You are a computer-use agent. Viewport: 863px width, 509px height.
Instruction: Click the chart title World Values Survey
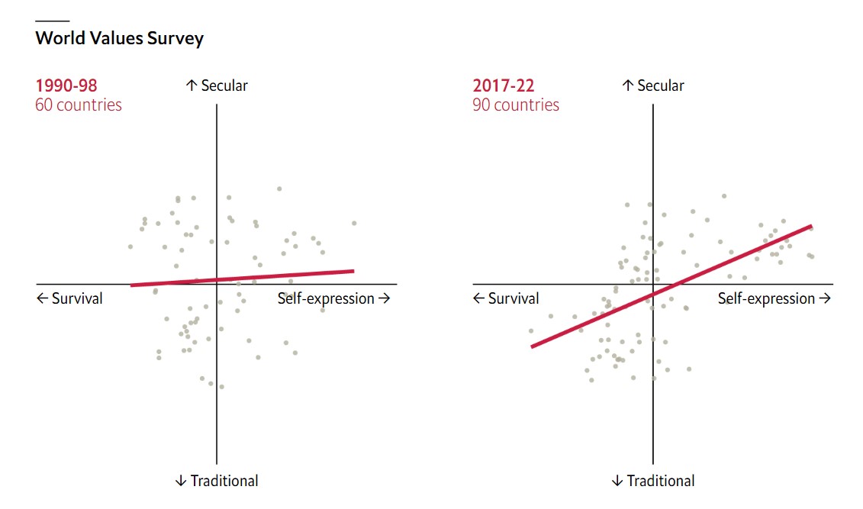119,38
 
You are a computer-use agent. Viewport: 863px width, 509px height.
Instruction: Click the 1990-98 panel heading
66,85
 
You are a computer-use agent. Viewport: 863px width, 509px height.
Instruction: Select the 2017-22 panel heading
503,85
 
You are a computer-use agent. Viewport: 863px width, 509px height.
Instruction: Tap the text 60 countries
79,105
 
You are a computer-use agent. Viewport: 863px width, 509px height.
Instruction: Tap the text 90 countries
516,105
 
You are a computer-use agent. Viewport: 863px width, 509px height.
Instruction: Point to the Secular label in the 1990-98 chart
217,85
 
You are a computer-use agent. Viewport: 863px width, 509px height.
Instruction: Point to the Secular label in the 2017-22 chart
654,85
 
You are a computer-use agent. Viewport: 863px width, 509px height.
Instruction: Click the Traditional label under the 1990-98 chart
217,481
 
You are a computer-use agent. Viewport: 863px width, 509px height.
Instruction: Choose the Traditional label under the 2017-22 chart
653,481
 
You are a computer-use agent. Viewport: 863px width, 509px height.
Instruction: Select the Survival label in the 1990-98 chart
69,298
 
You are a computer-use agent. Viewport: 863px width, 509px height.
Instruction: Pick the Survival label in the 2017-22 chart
506,298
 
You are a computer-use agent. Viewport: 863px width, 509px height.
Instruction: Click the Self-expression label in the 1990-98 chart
333,298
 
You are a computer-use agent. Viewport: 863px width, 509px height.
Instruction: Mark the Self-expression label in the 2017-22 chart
774,298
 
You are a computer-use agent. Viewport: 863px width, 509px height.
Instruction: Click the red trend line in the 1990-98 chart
242,278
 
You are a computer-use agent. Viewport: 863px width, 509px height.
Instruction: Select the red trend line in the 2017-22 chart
671,286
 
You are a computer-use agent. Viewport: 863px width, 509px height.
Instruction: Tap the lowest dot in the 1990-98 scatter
221,387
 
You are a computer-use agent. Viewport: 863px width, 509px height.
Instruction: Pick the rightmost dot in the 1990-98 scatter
354,223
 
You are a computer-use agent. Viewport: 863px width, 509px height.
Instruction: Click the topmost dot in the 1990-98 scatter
279,188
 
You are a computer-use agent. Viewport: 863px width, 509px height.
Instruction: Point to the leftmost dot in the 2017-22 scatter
531,330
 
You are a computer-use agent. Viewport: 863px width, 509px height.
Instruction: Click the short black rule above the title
52,21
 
